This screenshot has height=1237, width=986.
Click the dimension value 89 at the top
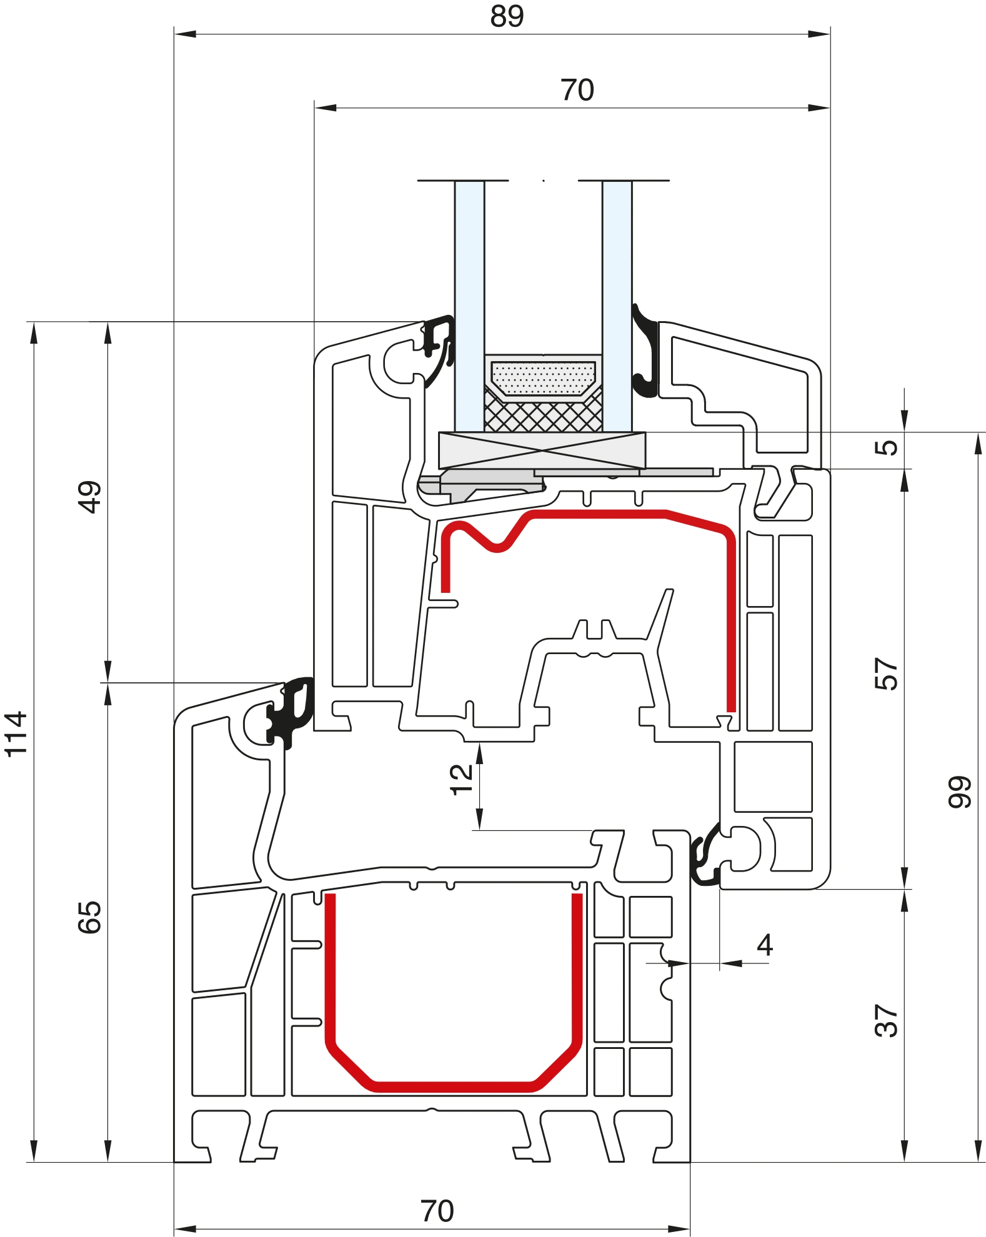tap(507, 16)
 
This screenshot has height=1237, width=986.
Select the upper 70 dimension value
tap(577, 90)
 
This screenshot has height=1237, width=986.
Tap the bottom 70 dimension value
tap(437, 1211)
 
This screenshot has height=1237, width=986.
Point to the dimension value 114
tap(16, 734)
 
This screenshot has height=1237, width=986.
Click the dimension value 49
tap(89, 497)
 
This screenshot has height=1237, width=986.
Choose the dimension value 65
tap(89, 917)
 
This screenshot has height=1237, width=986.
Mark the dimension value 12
tap(461, 779)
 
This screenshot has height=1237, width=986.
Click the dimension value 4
tap(765, 945)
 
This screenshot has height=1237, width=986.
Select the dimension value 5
tap(886, 447)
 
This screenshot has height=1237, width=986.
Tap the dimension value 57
tap(886, 673)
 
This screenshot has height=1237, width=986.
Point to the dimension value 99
tap(960, 792)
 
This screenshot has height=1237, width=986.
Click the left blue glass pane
tap(469, 306)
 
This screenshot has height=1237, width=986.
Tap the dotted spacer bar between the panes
tap(543, 378)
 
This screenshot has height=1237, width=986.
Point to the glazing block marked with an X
tap(542, 450)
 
